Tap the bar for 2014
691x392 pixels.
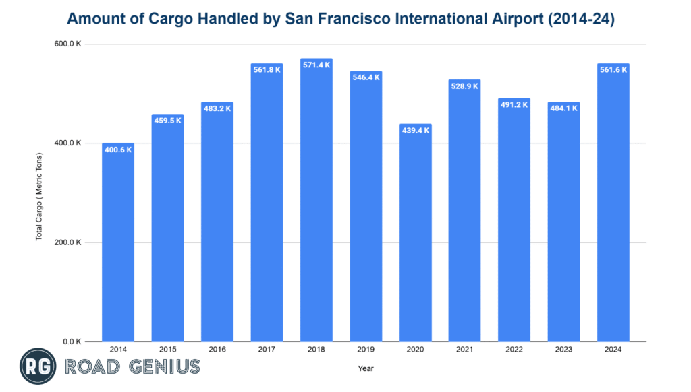tap(118, 242)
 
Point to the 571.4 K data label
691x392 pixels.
tap(316, 65)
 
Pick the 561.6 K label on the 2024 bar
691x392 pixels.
tap(613, 69)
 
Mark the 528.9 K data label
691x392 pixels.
tap(465, 86)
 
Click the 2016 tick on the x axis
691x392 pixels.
tap(217, 350)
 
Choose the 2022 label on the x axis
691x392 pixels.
tap(514, 350)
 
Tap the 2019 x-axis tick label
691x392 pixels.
tap(366, 350)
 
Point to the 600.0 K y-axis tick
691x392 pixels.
tap(69, 44)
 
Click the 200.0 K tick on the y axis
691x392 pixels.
tap(69, 242)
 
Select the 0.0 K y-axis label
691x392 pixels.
tap(72, 341)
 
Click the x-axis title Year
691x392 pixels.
tap(365, 368)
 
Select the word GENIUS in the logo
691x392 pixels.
tap(165, 367)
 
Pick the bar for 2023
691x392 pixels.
tap(563, 222)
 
